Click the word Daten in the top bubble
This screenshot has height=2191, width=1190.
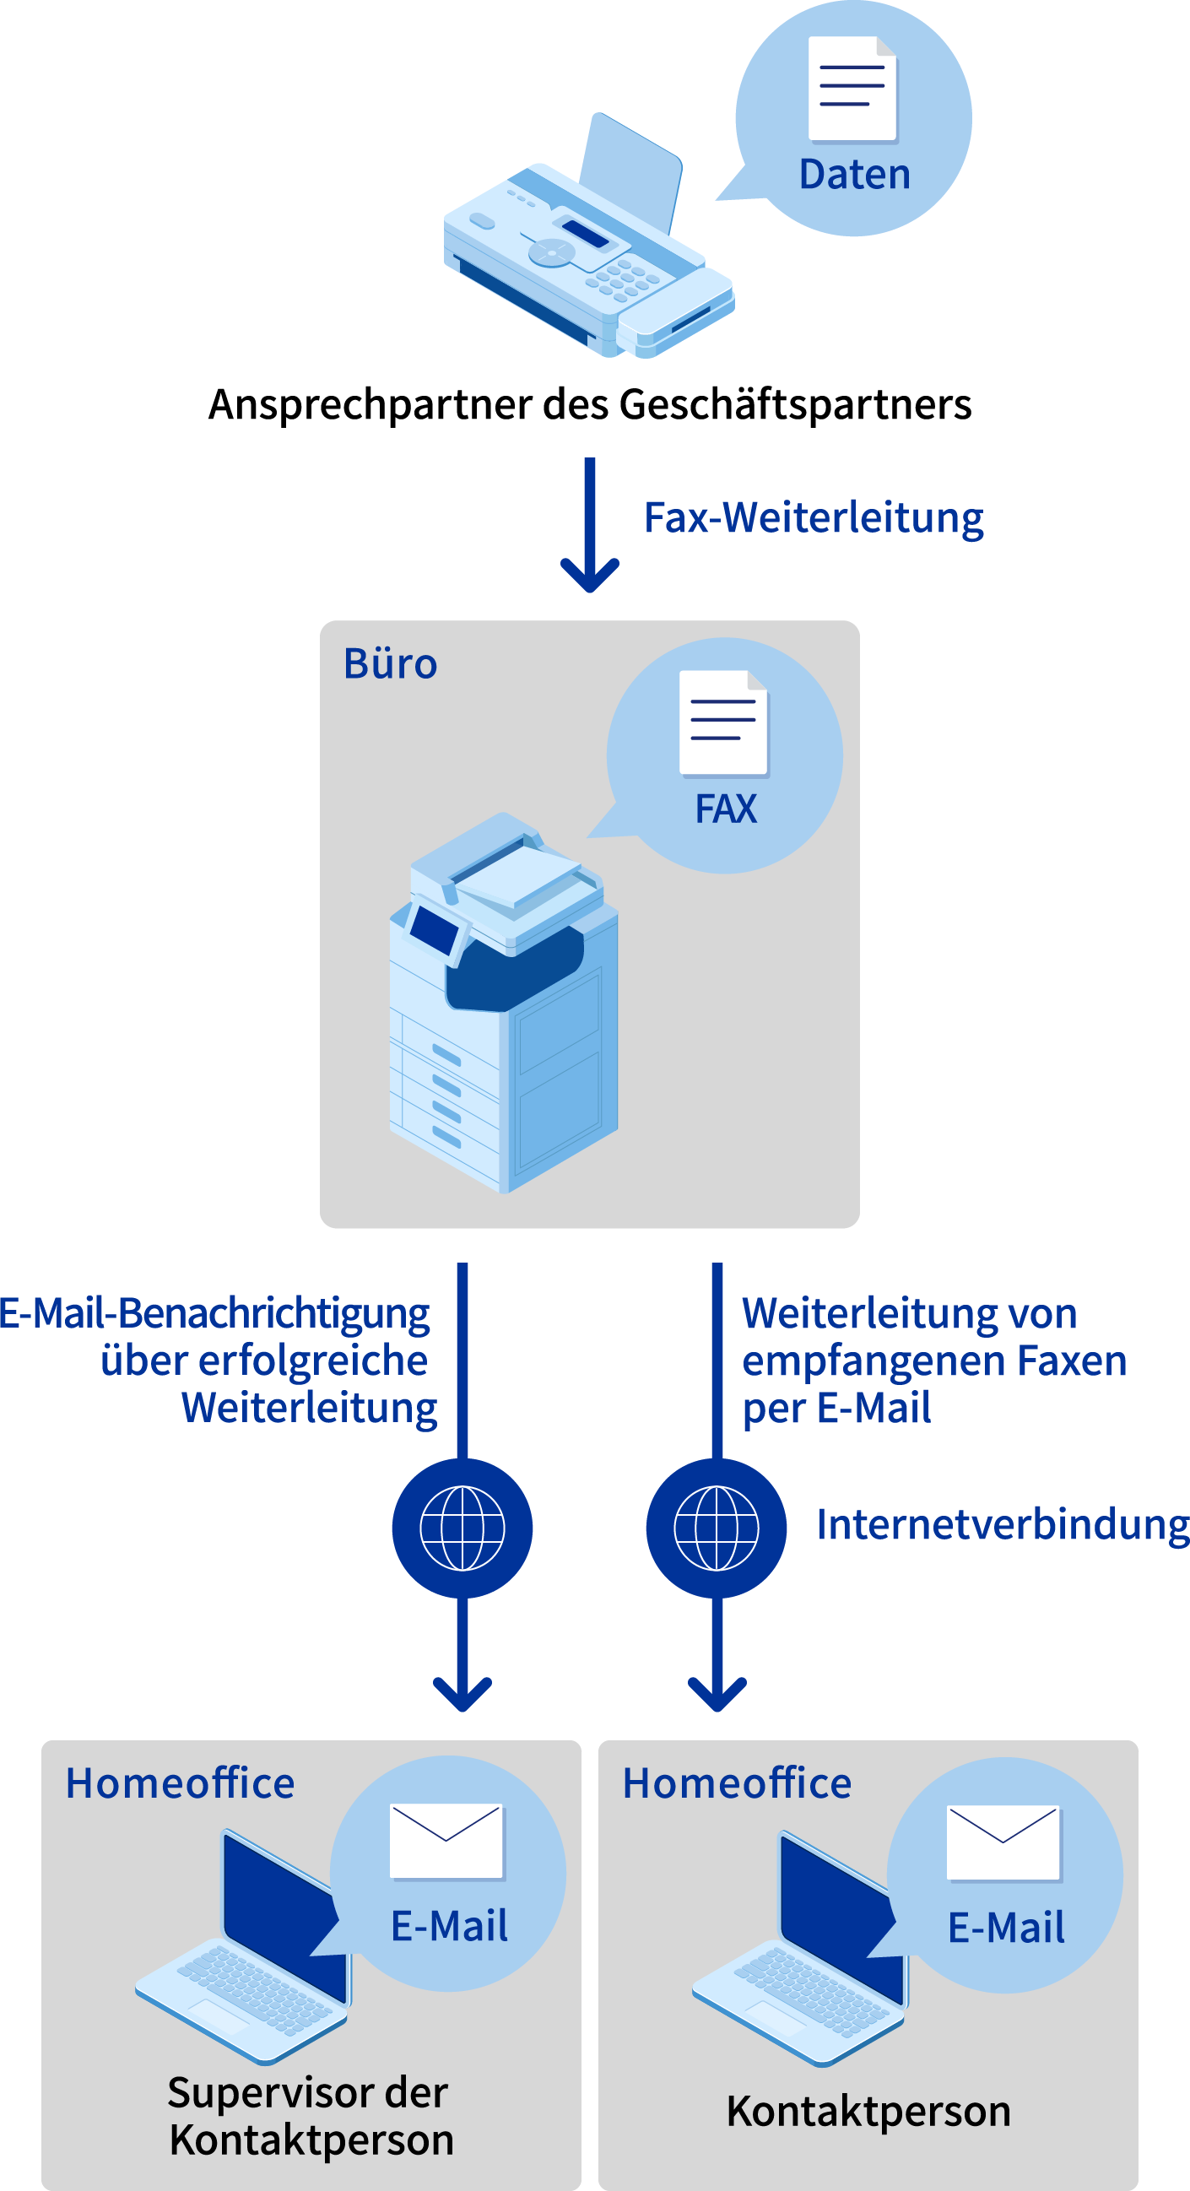tap(854, 175)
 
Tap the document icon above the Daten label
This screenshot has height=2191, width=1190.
tap(852, 89)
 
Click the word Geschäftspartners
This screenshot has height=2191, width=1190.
tap(794, 404)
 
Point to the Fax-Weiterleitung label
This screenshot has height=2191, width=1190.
tap(814, 518)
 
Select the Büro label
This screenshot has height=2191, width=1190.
tap(391, 664)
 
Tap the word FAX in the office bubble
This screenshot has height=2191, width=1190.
tap(726, 809)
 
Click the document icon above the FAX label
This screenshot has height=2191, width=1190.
tap(724, 723)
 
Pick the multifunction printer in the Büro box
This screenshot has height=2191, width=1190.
tap(504, 1004)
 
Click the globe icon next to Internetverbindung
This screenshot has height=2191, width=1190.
tap(717, 1528)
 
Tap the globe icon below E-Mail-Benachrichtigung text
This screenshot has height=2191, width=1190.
tap(462, 1528)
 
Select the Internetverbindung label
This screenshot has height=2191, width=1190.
tap(1002, 1525)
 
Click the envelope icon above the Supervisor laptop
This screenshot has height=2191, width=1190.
tap(446, 1841)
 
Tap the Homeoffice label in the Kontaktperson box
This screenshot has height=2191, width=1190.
tap(737, 1783)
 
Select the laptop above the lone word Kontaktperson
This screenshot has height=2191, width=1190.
tap(799, 1956)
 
